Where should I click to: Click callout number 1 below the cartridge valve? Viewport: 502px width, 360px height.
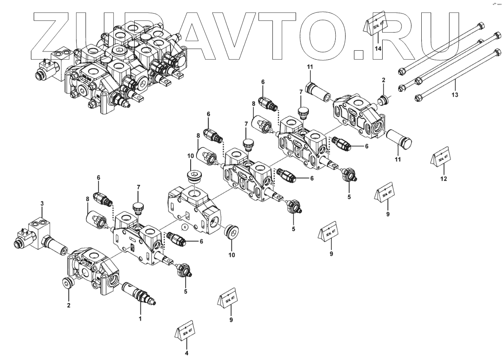tap(140, 318)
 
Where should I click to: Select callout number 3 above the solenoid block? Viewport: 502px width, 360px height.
tap(42, 203)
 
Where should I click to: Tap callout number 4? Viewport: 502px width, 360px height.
tap(187, 353)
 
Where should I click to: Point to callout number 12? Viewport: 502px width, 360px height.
tap(443, 178)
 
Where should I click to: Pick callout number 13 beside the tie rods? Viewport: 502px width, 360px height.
tap(455, 95)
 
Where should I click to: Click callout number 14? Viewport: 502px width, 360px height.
tap(378, 48)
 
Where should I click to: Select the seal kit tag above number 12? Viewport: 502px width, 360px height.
tap(441, 157)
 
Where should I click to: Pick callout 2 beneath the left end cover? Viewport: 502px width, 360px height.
tap(69, 305)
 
